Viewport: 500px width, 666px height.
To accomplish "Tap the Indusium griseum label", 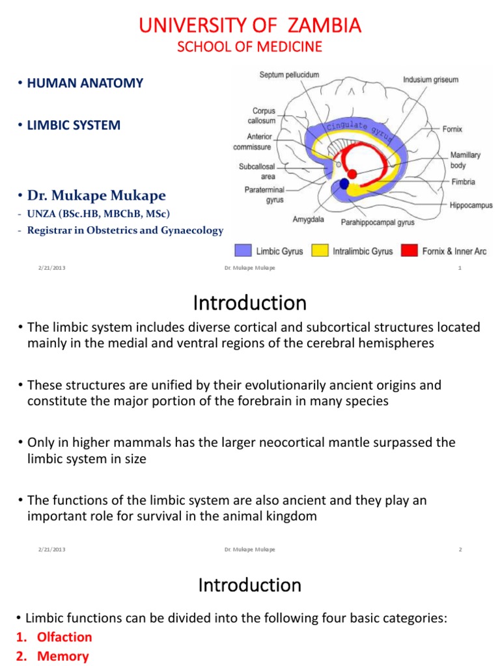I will pos(430,80).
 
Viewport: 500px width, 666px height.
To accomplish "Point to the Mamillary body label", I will pos(466,161).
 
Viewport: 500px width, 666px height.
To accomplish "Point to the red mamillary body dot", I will pos(352,174).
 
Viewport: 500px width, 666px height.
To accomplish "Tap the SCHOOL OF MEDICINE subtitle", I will pos(250,47).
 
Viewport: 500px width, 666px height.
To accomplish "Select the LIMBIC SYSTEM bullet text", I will pos(74,125).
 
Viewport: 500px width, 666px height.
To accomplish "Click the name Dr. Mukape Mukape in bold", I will pos(96,196).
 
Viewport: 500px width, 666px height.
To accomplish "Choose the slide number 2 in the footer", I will pos(460,550).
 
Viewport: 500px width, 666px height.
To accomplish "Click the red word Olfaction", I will pos(64,637).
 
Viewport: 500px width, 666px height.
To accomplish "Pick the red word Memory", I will pos(62,656).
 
